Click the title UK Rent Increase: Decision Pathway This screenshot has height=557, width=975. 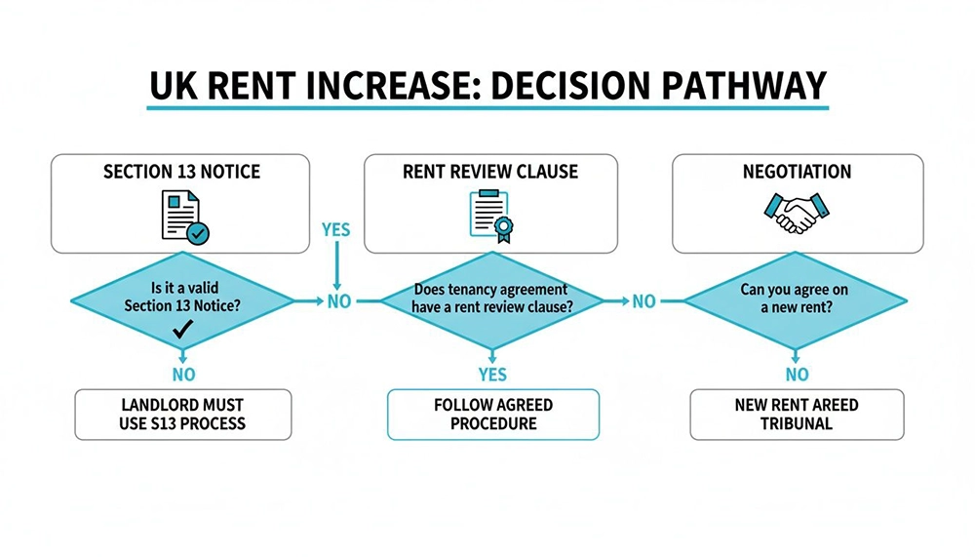[487, 87]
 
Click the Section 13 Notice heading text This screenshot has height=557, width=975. [181, 172]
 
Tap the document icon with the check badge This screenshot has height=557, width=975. [182, 216]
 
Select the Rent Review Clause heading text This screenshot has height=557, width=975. [490, 172]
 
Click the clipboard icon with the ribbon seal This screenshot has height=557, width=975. [490, 216]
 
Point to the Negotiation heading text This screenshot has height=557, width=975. [797, 172]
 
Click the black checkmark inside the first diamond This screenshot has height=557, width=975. [181, 332]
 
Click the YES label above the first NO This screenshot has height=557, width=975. [336, 230]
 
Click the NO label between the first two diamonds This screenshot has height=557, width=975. [338, 301]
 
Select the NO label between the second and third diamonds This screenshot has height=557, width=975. [643, 301]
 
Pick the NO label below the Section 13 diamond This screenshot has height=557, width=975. [182, 375]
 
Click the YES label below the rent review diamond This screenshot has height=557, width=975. [492, 375]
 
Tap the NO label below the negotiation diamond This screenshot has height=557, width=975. [797, 375]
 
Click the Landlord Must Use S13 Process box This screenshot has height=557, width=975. [182, 415]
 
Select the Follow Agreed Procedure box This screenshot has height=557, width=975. [492, 415]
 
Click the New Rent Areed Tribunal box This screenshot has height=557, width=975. [797, 415]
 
